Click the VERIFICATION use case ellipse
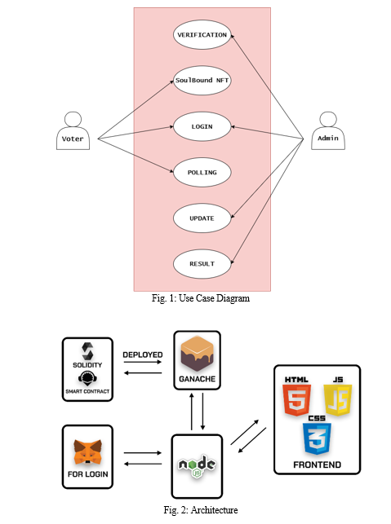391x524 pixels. click(202, 35)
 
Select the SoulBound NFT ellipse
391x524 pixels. click(202, 80)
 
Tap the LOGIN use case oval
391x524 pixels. click(202, 126)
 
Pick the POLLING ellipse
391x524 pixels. click(202, 172)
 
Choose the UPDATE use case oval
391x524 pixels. click(202, 218)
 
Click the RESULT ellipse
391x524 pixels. click(202, 264)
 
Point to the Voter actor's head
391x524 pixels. click(73, 119)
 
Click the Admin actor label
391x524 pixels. click(328, 138)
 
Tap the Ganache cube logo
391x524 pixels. click(197, 354)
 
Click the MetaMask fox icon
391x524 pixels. click(87, 451)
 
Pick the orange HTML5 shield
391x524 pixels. click(296, 400)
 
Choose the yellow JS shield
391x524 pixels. click(338, 400)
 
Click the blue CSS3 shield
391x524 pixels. click(317, 438)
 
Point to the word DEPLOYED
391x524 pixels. click(143, 354)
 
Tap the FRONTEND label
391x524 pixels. click(317, 465)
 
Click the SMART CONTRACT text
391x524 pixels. click(87, 391)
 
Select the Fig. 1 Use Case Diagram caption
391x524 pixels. click(201, 298)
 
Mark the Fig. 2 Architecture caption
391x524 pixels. click(201, 510)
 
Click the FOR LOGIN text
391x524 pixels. click(87, 474)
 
